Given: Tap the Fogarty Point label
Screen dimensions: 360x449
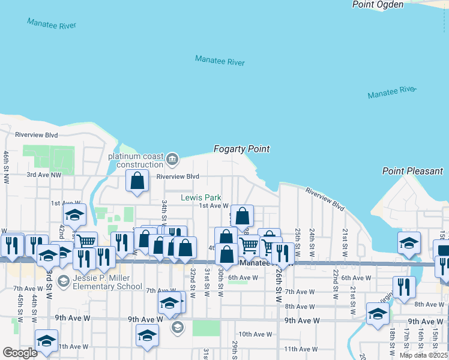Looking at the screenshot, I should coord(242,149).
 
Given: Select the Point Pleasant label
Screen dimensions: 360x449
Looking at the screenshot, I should coord(412,171).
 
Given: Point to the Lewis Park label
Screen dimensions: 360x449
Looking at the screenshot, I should coord(201,197).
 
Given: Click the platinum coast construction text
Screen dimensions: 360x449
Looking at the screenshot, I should coord(136,161).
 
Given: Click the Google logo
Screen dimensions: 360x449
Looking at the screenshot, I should coord(20,353).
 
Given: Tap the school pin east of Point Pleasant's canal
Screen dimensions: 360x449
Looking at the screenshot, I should coord(408,243).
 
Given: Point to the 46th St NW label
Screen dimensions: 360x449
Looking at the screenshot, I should coord(5,167).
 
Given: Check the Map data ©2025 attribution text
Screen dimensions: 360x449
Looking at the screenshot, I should coord(423,355).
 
